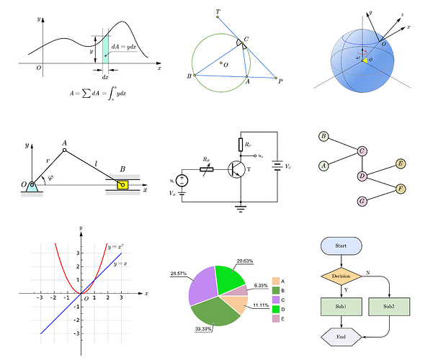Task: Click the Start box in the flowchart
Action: [x=342, y=246]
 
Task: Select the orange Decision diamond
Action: [x=342, y=275]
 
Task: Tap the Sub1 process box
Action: [x=342, y=307]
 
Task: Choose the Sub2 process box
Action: [x=389, y=307]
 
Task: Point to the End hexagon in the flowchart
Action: [x=342, y=337]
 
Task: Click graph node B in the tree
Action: [x=324, y=136]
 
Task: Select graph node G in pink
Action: [x=362, y=201]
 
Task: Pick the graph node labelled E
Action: [x=401, y=164]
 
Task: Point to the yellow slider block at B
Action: [x=123, y=184]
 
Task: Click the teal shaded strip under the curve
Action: [x=106, y=48]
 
